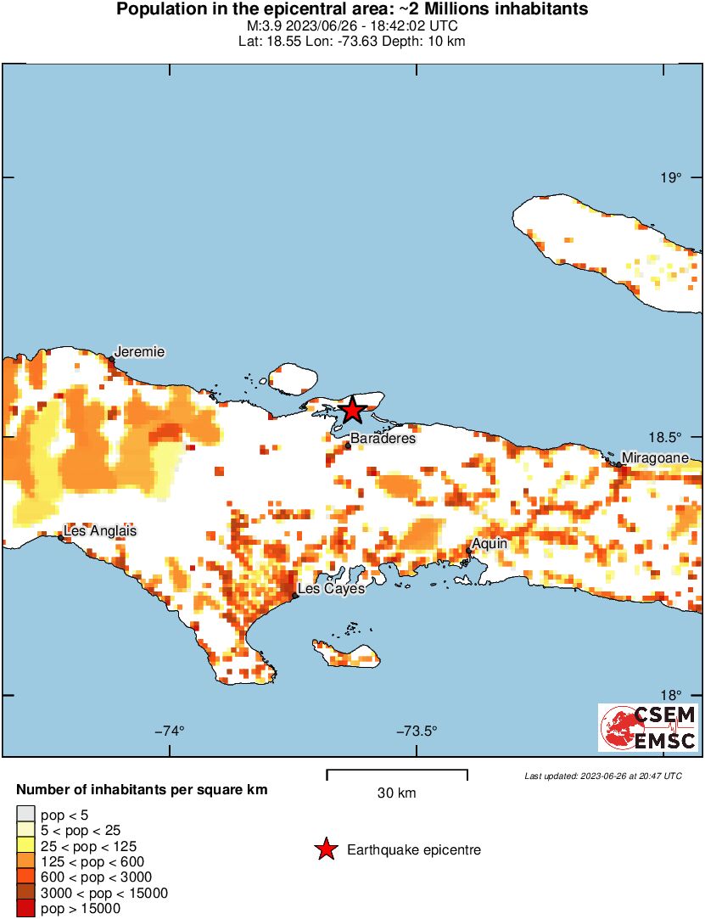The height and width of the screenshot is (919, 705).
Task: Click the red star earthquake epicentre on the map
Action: pyautogui.click(x=352, y=411)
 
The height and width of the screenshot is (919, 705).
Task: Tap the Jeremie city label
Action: pyautogui.click(x=140, y=352)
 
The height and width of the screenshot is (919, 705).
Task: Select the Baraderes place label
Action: pyautogui.click(x=383, y=439)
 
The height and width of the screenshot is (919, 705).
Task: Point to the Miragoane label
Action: pyautogui.click(x=661, y=458)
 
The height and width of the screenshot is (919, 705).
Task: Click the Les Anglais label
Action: pyautogui.click(x=100, y=531)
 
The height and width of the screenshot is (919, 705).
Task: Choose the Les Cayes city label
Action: pyautogui.click(x=332, y=588)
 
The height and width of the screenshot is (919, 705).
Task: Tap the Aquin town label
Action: pyautogui.click(x=490, y=543)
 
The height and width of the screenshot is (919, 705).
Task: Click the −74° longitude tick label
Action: pyautogui.click(x=170, y=731)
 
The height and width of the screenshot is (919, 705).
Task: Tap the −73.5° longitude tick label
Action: pyautogui.click(x=415, y=731)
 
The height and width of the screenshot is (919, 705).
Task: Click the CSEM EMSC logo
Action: pyautogui.click(x=648, y=727)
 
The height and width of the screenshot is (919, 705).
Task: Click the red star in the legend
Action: pyautogui.click(x=325, y=849)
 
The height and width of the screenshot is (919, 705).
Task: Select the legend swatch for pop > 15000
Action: pyautogui.click(x=26, y=909)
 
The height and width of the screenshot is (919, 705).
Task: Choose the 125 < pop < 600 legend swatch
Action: pyautogui.click(x=26, y=861)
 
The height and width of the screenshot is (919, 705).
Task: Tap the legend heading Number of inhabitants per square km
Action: pyautogui.click(x=142, y=790)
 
